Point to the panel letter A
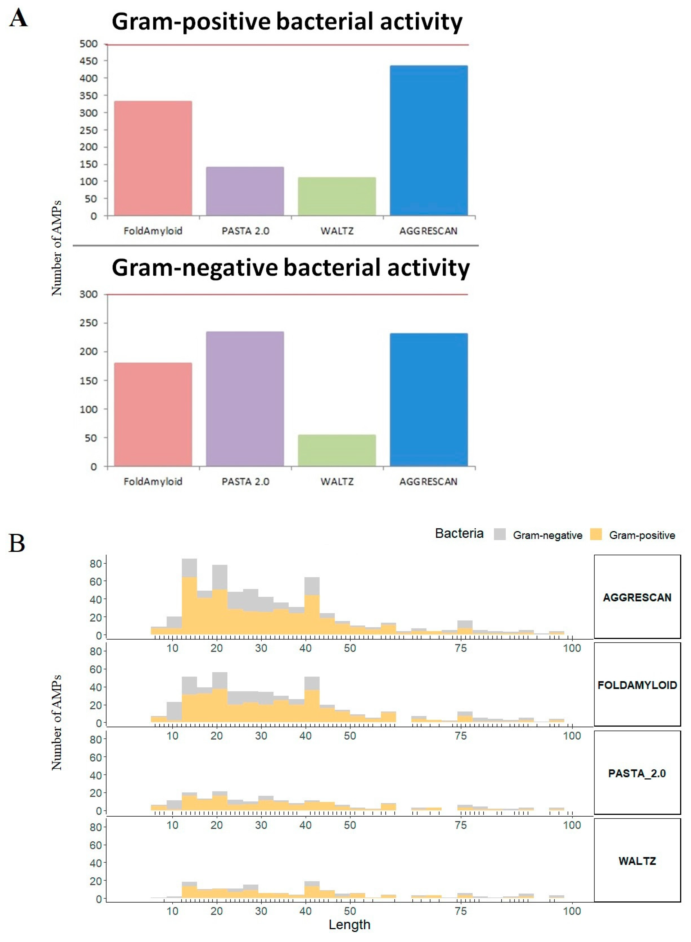point(18,19)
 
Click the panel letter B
point(17,543)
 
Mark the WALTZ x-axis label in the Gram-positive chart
point(337,231)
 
